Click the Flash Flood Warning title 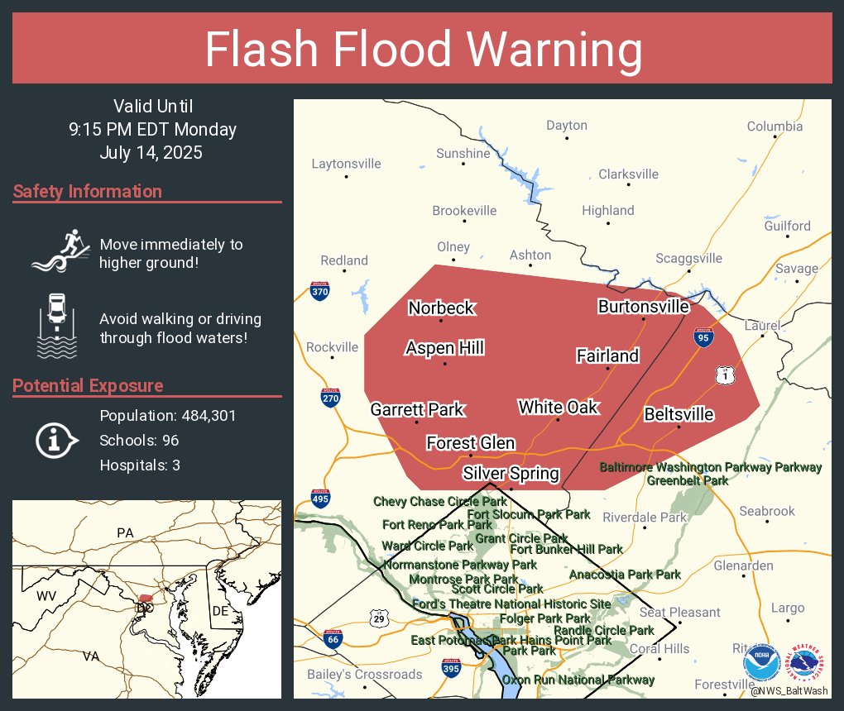423,50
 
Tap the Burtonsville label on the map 643,307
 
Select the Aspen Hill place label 444,348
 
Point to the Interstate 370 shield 320,290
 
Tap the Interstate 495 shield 321,499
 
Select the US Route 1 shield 725,376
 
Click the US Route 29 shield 379,618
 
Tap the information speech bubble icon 55,441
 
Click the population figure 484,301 204,415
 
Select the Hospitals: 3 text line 140,465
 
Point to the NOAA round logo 761,662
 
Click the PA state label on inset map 125,533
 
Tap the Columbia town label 774,126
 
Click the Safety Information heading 88,192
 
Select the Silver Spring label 511,474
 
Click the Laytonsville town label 346,163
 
